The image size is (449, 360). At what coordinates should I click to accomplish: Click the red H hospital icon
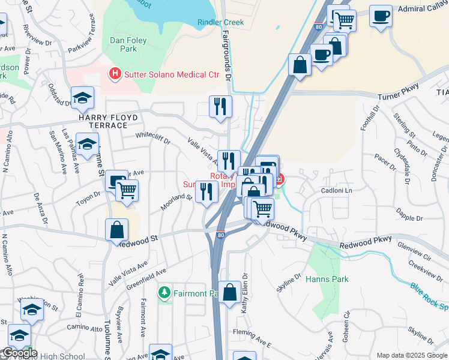click(x=113, y=74)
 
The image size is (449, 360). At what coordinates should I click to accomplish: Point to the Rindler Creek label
click(x=220, y=22)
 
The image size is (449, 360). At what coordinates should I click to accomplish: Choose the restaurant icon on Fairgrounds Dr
click(x=220, y=106)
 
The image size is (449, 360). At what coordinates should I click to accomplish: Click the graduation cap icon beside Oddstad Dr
click(x=82, y=97)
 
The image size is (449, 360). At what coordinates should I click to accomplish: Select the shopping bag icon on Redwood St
click(x=116, y=230)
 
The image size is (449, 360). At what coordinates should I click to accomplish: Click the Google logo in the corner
click(x=19, y=353)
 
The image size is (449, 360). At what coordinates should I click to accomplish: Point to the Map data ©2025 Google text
click(x=411, y=355)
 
